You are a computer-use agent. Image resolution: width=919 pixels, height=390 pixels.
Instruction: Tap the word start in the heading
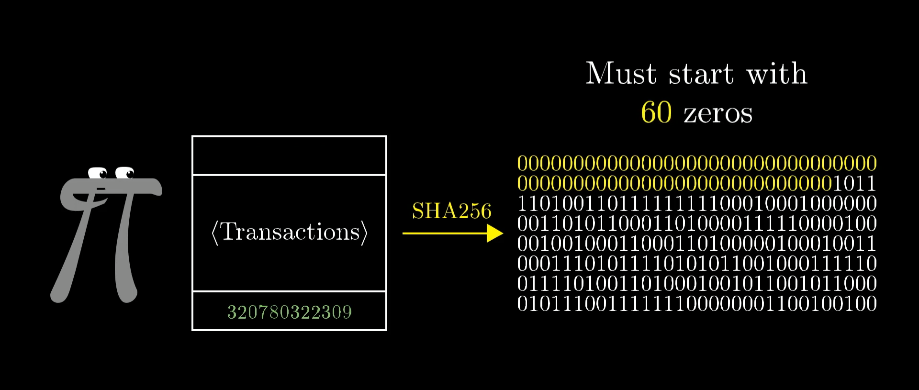coord(701,74)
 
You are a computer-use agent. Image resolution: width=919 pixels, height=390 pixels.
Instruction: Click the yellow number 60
coord(656,112)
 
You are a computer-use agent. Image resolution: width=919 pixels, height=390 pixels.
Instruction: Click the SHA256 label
coord(452,211)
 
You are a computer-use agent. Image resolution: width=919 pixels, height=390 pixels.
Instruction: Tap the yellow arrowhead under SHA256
coord(495,234)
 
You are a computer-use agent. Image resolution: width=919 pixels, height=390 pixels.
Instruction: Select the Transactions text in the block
coord(290,232)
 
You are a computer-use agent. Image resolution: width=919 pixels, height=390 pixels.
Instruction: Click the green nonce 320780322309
coord(290,312)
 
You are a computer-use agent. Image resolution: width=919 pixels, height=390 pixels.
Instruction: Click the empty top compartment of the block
coord(289,156)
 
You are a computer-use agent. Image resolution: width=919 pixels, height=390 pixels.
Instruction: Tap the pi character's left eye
coord(98,173)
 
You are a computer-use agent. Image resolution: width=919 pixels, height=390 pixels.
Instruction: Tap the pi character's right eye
coord(125,172)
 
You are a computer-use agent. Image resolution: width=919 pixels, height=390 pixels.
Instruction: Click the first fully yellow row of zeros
coord(697,163)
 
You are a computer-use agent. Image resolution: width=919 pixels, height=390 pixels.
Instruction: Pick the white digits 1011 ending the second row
coord(855,183)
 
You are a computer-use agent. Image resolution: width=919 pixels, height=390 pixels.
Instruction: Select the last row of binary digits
coord(697,303)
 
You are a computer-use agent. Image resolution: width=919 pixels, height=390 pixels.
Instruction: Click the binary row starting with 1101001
coord(697,203)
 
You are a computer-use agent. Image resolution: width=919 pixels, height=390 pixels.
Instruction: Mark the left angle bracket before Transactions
coord(215,233)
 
